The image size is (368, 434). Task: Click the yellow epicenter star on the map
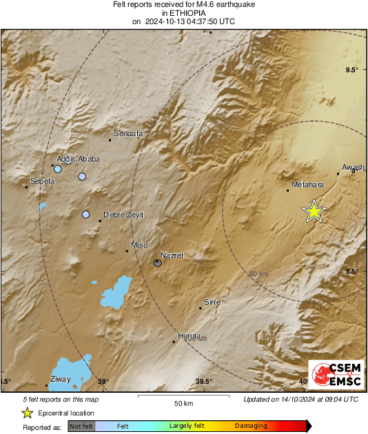(x=314, y=211)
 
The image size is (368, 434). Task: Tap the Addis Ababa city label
(x=78, y=159)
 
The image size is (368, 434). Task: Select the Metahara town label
(x=307, y=184)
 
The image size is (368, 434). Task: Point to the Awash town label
(x=352, y=167)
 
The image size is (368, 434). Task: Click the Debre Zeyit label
(x=123, y=215)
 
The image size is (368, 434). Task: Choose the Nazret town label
(x=172, y=255)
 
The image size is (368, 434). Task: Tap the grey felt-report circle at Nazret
(x=158, y=263)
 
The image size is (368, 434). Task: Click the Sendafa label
(x=127, y=133)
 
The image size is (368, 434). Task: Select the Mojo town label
(x=139, y=245)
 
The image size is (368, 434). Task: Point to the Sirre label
(x=212, y=302)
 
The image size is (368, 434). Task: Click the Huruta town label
(x=189, y=336)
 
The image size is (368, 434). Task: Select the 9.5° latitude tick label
(x=352, y=70)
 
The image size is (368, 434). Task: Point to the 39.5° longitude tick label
(x=203, y=382)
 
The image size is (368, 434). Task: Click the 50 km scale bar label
(x=183, y=403)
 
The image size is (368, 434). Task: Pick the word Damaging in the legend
(x=251, y=426)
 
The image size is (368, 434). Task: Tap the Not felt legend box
(x=81, y=426)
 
